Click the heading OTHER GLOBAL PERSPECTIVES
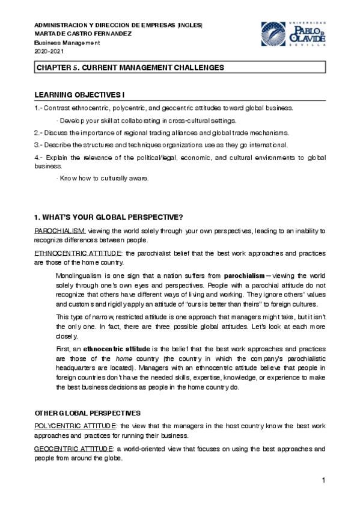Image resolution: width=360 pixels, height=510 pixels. click(87, 413)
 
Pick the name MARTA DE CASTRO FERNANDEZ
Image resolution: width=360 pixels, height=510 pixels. click(82, 34)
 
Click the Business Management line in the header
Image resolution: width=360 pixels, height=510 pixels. click(66, 43)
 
